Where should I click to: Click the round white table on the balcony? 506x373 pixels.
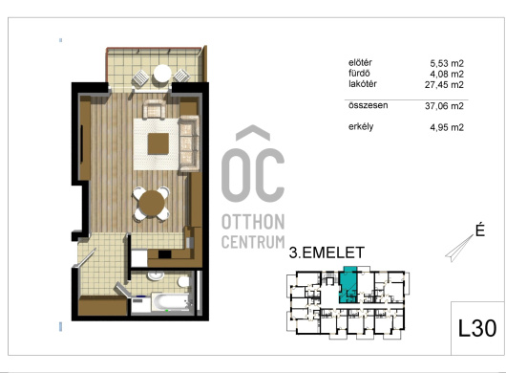click(162, 75)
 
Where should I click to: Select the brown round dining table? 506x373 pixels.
click(152, 203)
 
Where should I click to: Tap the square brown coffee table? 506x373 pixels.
click(158, 143)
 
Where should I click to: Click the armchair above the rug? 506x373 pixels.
click(155, 109)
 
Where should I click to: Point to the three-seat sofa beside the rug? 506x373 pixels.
click(189, 143)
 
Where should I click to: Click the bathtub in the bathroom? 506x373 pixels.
click(170, 302)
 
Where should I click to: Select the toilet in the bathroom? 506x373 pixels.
click(183, 281)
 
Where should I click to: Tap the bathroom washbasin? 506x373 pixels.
click(156, 275)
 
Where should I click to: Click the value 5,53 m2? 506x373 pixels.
click(447, 63)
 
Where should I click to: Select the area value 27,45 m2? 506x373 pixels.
click(444, 85)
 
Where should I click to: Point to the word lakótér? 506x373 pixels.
click(363, 84)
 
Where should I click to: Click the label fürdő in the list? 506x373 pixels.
click(359, 73)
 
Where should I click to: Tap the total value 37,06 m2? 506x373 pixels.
click(444, 106)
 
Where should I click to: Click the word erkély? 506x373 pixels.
click(361, 126)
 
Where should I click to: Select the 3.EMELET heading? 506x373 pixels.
click(327, 252)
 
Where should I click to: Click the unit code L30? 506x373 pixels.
click(477, 328)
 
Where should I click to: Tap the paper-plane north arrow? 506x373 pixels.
click(459, 249)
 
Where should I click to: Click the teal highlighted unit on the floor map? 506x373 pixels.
click(348, 285)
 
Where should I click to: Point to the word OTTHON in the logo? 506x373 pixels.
click(253, 222)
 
